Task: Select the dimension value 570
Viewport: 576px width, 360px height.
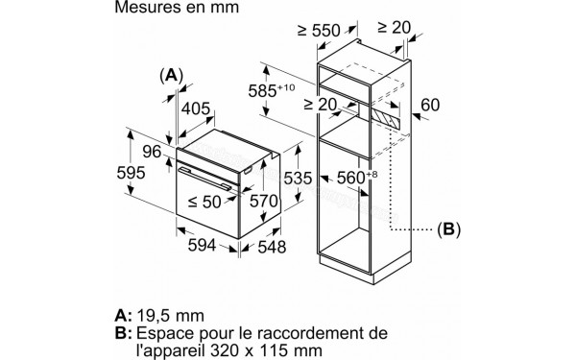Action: (x=263, y=201)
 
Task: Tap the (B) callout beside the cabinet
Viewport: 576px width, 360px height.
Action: (x=448, y=229)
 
